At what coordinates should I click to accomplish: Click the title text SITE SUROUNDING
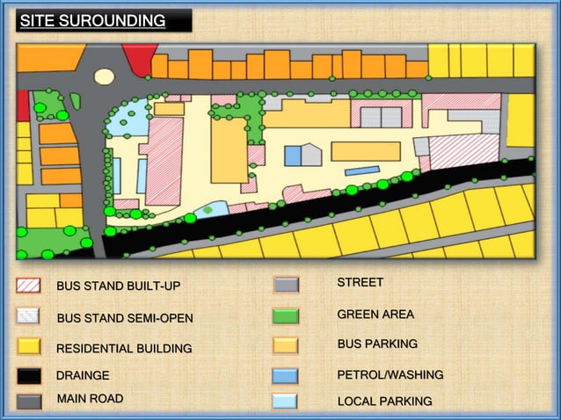[x=93, y=20]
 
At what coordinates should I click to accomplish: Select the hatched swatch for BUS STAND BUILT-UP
[x=29, y=286]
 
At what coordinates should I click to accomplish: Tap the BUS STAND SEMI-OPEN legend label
[x=124, y=318]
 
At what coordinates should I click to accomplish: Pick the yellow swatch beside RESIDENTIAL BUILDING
[x=29, y=346]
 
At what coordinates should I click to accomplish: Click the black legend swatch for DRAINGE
[x=29, y=376]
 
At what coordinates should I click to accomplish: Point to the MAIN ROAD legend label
[x=90, y=399]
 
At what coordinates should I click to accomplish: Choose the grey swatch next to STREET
[x=286, y=285]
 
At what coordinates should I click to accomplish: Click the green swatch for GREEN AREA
[x=286, y=315]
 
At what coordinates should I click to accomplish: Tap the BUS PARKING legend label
[x=377, y=344]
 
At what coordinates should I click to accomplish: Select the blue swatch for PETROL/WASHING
[x=286, y=376]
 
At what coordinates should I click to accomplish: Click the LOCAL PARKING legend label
[x=384, y=402]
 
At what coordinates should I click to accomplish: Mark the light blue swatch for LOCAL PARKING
[x=286, y=402]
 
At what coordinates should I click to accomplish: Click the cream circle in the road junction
[x=105, y=76]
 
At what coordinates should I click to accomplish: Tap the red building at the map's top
[x=139, y=59]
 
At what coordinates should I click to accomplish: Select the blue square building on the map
[x=293, y=156]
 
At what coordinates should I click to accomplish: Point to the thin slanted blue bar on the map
[x=361, y=170]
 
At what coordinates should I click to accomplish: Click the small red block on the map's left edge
[x=23, y=105]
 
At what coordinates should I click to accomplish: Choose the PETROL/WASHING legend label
[x=390, y=375]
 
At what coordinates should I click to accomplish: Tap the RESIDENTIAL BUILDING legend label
[x=124, y=349]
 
